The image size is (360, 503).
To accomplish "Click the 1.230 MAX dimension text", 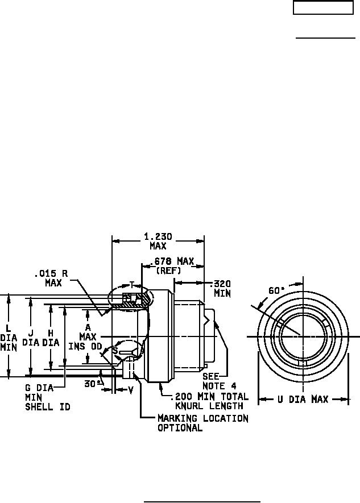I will [x=158, y=242].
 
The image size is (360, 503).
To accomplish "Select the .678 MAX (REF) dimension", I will [x=175, y=266].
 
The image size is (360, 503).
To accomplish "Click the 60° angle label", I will [x=277, y=290].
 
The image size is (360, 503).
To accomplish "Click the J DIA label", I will [x=31, y=338].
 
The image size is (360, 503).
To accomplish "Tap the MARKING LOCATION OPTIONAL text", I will [x=202, y=423].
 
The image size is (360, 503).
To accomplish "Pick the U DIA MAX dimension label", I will [x=303, y=400].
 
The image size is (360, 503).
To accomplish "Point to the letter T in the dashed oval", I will [x=131, y=285].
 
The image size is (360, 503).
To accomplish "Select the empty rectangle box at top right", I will [x=323, y=8].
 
